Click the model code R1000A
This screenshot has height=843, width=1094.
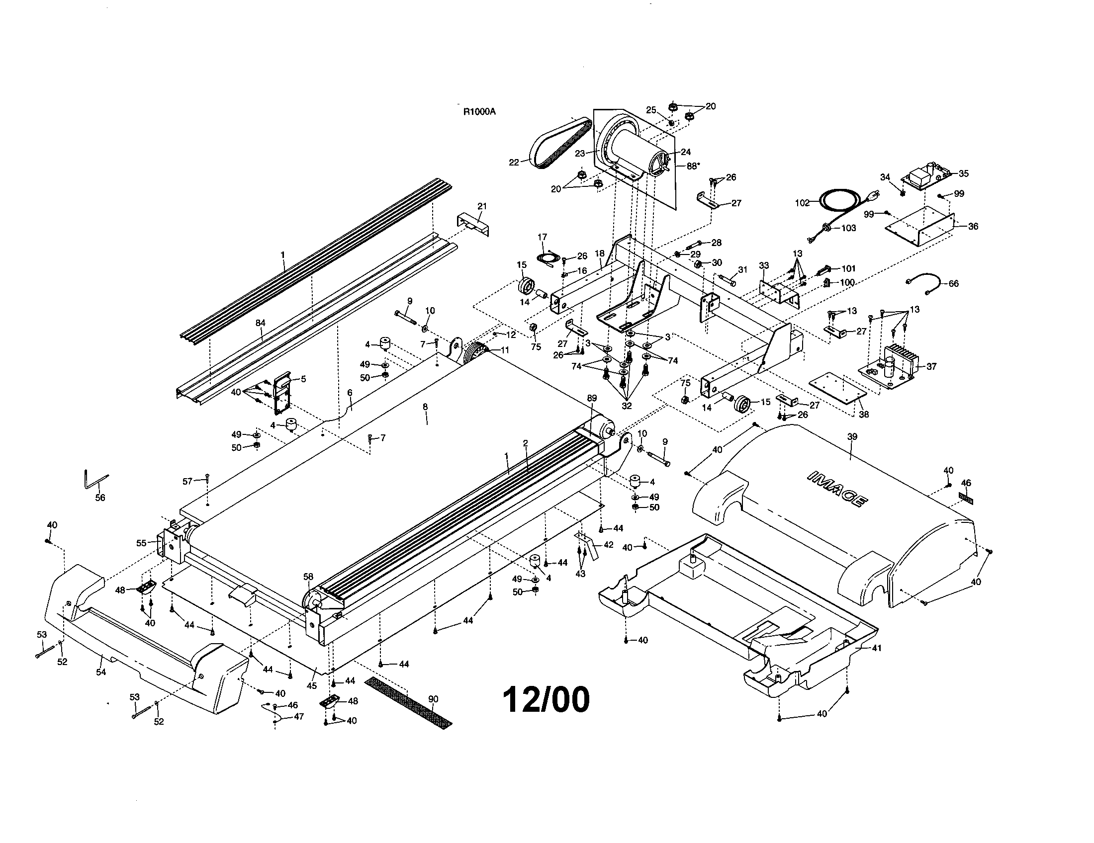click(479, 112)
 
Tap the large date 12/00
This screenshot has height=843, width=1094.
click(546, 699)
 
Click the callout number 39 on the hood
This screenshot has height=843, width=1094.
click(852, 436)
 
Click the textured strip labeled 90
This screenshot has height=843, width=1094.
click(408, 701)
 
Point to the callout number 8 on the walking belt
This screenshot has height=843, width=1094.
click(425, 407)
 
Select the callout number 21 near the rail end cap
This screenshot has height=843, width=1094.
click(482, 206)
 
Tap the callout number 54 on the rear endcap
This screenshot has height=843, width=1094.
click(101, 672)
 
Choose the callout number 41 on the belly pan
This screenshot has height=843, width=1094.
click(876, 648)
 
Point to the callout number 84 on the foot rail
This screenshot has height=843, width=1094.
click(260, 323)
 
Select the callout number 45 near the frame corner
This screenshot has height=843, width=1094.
click(312, 685)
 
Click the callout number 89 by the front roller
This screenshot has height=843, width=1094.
click(592, 399)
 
